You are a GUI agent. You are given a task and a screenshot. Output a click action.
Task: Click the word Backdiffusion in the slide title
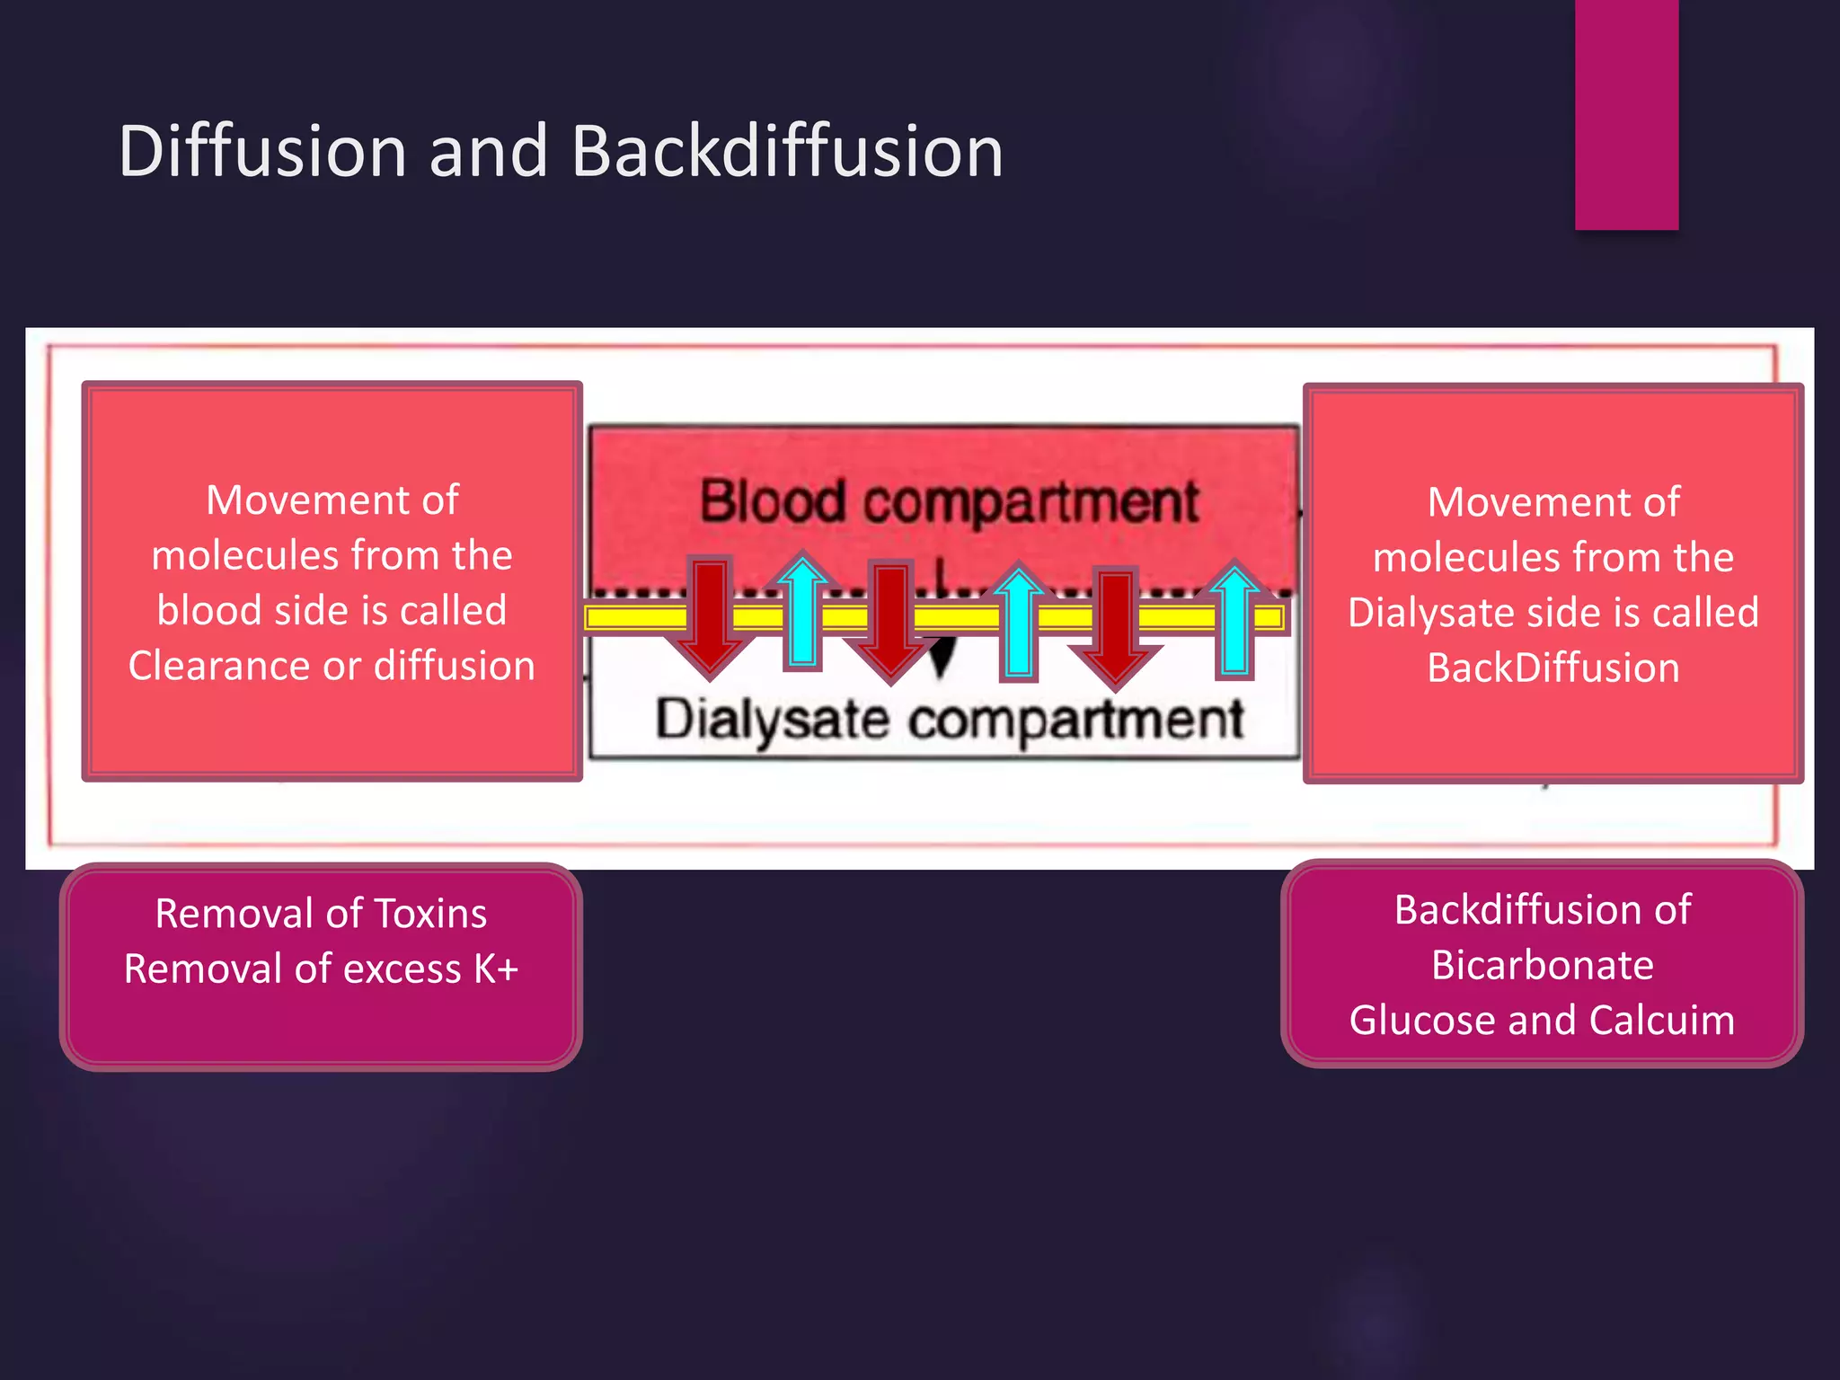coord(787,151)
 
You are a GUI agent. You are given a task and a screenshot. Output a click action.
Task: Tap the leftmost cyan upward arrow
coord(802,615)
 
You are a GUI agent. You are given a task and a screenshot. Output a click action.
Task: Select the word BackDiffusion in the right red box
coord(1553,668)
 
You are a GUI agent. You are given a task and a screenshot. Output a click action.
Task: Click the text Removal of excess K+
coord(321,969)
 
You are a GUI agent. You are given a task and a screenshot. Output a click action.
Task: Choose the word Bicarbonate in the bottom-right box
coord(1542,966)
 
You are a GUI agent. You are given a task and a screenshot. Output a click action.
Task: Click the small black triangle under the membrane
coord(942,658)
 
